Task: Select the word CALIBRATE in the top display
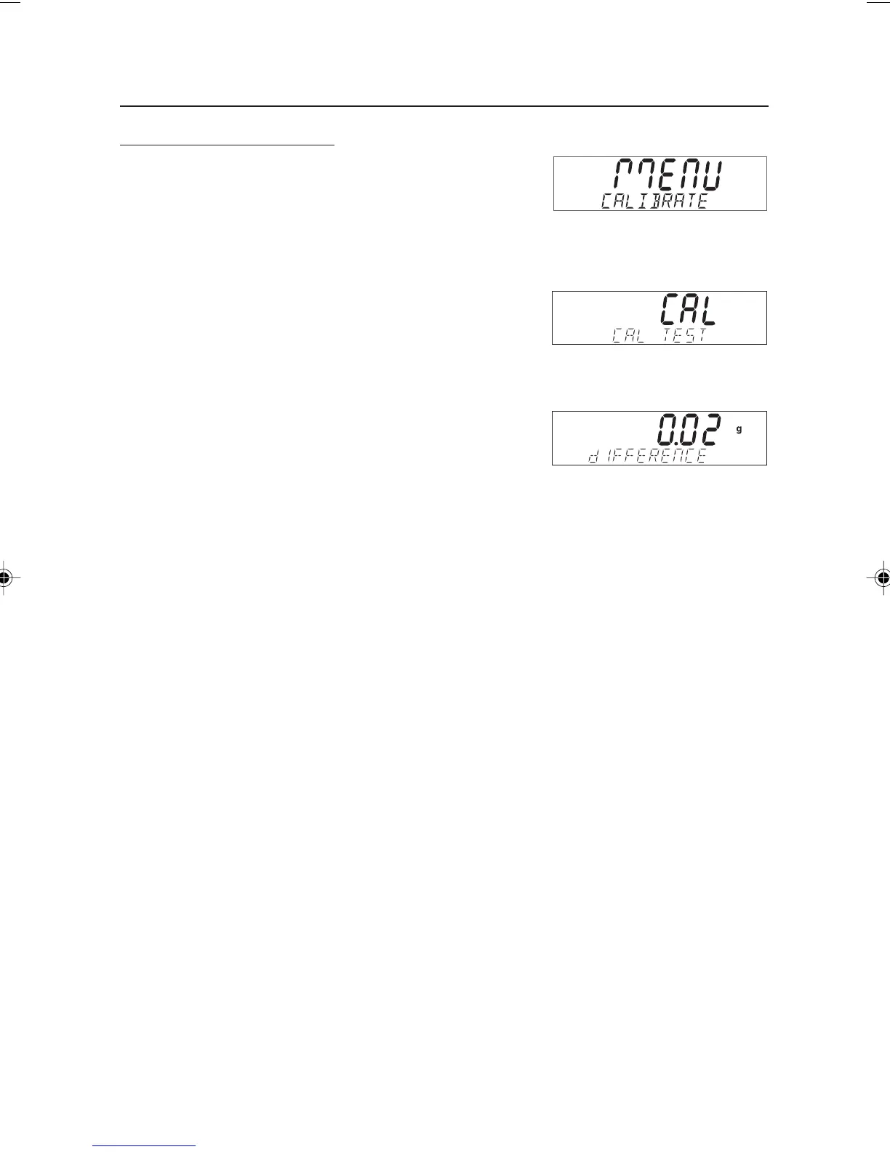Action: click(x=654, y=201)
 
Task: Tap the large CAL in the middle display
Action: click(x=688, y=310)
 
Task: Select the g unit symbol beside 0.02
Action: click(x=739, y=429)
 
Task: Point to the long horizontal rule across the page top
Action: click(x=444, y=107)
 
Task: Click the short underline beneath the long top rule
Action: click(x=227, y=145)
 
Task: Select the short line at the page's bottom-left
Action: click(x=145, y=1146)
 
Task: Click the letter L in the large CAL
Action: click(x=707, y=310)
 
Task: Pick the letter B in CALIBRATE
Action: click(x=656, y=201)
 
